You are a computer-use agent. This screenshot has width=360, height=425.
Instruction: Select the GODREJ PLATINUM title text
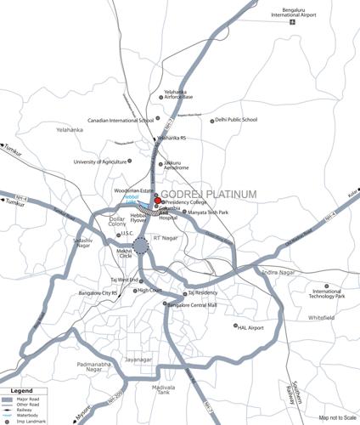click(x=208, y=195)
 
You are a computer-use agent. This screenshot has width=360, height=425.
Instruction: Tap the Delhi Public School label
click(x=236, y=120)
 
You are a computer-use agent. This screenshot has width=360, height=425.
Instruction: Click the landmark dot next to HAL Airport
click(x=236, y=326)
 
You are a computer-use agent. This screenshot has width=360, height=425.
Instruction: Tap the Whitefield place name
click(x=322, y=318)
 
